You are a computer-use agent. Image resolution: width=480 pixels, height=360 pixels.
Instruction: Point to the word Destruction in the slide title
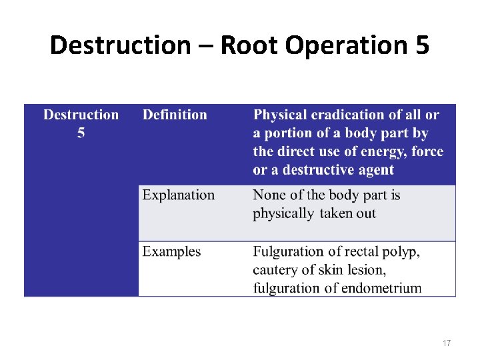click(120, 46)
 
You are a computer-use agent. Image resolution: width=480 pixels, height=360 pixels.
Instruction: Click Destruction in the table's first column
click(81, 115)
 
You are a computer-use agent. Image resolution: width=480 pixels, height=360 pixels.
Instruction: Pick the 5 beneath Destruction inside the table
click(81, 133)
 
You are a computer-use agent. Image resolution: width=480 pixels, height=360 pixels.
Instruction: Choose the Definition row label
click(175, 115)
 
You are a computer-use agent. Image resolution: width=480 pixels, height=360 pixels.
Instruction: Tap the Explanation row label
click(179, 195)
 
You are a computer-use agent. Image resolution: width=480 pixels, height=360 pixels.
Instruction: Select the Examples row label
click(171, 251)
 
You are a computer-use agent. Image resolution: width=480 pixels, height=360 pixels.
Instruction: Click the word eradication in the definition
click(339, 115)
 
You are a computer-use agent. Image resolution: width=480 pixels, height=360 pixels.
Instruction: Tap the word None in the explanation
click(269, 195)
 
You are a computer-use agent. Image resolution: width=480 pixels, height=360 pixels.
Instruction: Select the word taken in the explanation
click(336, 214)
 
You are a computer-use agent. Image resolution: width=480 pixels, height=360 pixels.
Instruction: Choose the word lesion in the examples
click(367, 270)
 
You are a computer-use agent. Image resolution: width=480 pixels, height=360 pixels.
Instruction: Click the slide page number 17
click(446, 343)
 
